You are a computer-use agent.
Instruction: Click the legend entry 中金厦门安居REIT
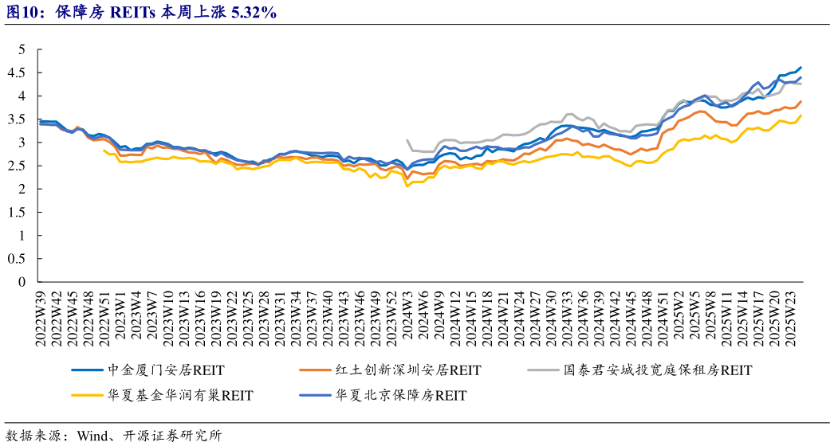[x=165, y=370]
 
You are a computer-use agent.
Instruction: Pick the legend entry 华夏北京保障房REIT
[x=401, y=394]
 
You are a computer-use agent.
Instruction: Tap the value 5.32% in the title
[x=253, y=11]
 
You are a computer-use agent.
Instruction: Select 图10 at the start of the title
[x=19, y=11]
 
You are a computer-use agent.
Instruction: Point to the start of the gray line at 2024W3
[x=407, y=140]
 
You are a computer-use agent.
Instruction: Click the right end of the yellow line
[x=801, y=115]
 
